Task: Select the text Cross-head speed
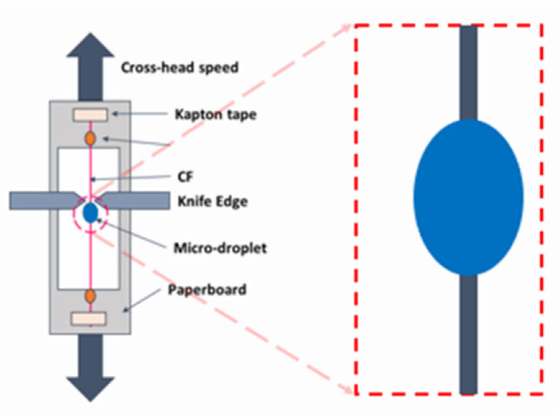[x=180, y=68]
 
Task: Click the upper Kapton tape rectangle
[x=90, y=115]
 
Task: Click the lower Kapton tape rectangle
[x=89, y=318]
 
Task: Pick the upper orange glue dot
[x=90, y=138]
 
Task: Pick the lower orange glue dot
[x=90, y=295]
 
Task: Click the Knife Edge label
[x=213, y=202]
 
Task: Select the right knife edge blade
[x=136, y=200]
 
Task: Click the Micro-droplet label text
[x=220, y=248]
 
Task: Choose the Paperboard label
[x=207, y=290]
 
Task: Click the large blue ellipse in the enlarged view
[x=468, y=198]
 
